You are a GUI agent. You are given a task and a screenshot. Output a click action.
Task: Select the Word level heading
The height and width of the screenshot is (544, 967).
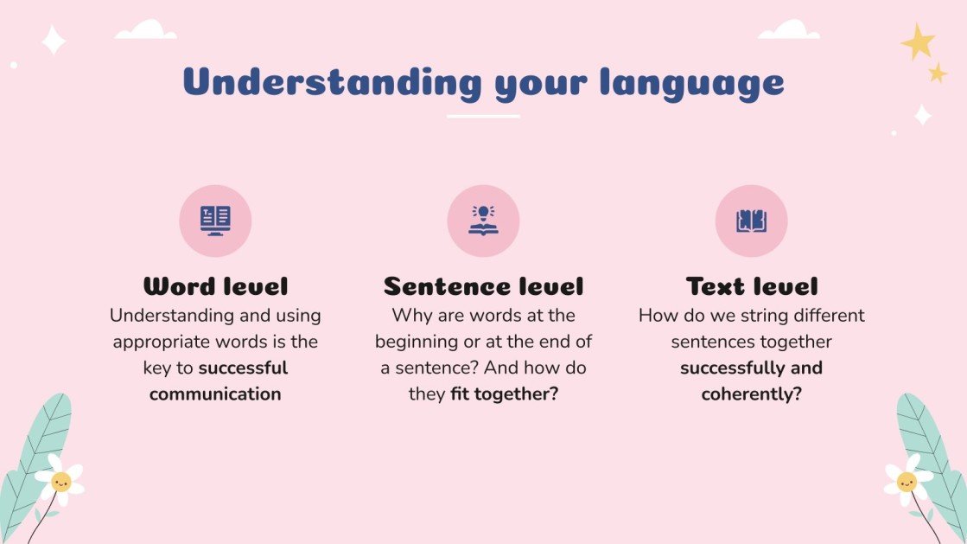pos(215,286)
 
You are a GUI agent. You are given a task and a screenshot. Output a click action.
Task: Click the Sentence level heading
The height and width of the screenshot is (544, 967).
pos(483,286)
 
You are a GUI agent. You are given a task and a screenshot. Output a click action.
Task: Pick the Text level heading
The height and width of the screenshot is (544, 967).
pos(752,286)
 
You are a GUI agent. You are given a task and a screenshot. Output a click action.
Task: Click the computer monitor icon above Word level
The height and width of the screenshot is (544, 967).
pos(215,221)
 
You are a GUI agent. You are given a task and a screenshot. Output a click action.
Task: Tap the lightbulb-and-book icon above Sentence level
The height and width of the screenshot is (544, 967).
pos(483,221)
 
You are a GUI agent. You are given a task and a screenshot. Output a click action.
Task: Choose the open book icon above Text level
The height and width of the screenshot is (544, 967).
pos(752,221)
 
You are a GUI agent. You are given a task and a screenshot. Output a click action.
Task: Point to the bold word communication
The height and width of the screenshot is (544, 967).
pos(215,394)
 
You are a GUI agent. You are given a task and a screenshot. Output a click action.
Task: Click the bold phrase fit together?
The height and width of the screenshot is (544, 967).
pos(505,394)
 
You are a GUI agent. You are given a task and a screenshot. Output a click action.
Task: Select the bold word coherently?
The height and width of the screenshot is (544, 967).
pos(752,394)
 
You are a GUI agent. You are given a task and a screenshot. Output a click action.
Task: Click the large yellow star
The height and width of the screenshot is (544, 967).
pos(917,41)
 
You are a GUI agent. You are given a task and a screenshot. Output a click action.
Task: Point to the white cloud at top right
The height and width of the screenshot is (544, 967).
pos(788,30)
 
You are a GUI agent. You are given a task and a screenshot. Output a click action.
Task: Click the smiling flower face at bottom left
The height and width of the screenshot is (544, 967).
pos(60,481)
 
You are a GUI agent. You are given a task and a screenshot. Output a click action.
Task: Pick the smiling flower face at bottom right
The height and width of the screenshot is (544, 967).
pos(907,481)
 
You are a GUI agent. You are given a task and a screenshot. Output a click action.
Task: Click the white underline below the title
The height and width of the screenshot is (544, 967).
pos(483,116)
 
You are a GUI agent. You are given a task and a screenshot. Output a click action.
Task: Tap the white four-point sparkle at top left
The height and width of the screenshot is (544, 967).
pos(54,40)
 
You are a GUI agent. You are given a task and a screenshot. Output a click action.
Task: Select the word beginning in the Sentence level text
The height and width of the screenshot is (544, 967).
pos(418,342)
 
